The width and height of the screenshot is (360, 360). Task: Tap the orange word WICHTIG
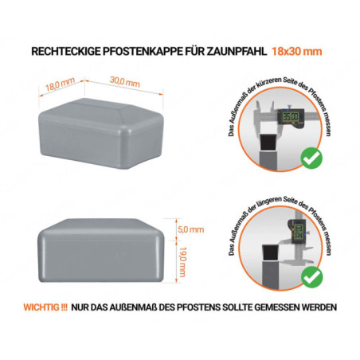coord(48,307)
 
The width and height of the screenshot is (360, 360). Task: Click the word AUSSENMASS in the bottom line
coord(140,307)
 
